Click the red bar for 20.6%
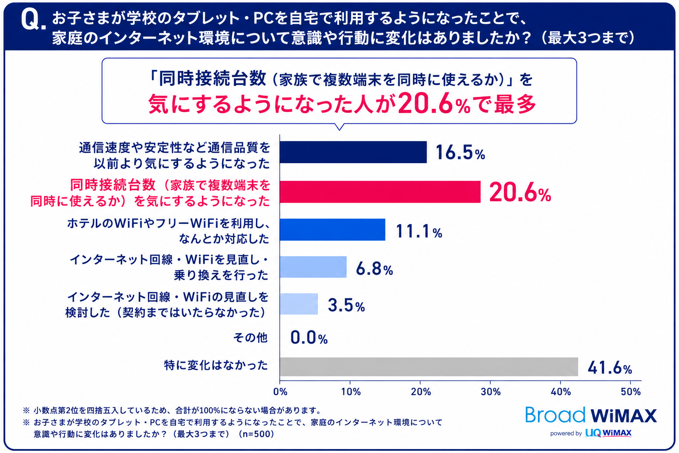[380, 192]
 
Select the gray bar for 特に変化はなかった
[429, 367]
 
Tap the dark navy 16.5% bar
[353, 152]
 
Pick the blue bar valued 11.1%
[332, 230]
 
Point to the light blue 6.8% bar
[313, 267]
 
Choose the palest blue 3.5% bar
[299, 304]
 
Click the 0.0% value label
[309, 338]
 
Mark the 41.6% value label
[610, 368]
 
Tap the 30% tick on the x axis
[490, 392]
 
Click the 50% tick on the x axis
[630, 392]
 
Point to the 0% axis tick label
[280, 392]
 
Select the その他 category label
[250, 337]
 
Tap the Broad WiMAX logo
[591, 415]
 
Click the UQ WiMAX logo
[608, 433]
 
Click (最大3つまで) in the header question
[588, 38]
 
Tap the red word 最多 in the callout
[515, 104]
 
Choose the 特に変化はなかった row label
[216, 365]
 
